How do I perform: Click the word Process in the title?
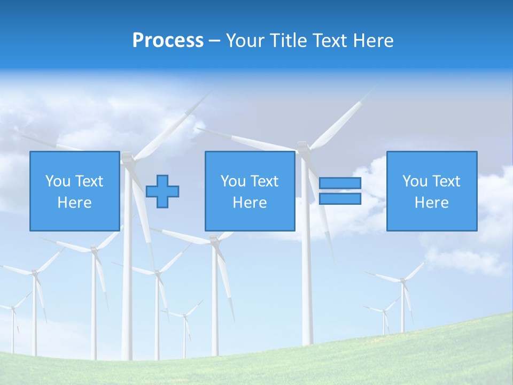click(x=168, y=40)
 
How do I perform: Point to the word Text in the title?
click(x=331, y=40)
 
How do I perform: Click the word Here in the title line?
click(x=374, y=40)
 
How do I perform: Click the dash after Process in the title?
click(x=214, y=41)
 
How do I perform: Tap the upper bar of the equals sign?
click(x=340, y=183)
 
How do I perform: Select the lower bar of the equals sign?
click(x=340, y=199)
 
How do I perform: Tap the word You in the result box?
click(x=415, y=181)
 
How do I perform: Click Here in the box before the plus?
click(x=74, y=203)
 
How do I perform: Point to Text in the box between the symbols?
click(x=265, y=181)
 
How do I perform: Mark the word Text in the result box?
click(x=446, y=181)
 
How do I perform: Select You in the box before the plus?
click(x=58, y=181)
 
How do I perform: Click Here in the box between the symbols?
click(x=250, y=203)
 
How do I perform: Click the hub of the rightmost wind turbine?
click(x=402, y=280)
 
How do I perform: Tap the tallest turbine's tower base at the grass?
click(x=307, y=342)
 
